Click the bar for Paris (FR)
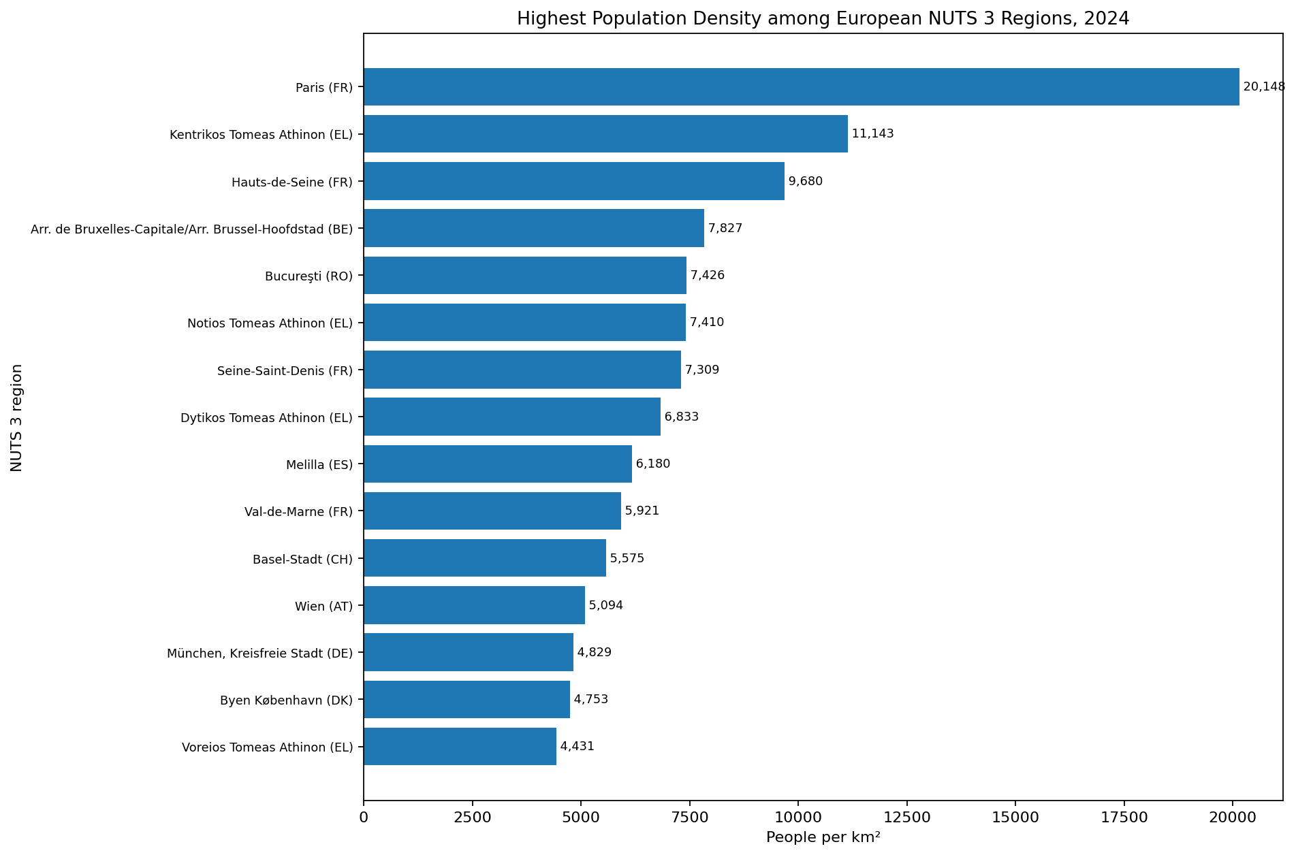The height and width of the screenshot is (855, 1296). point(802,86)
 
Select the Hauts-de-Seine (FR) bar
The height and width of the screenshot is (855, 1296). point(574,181)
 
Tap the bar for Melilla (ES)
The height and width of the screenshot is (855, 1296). point(498,464)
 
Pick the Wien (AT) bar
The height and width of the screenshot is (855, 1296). point(475,605)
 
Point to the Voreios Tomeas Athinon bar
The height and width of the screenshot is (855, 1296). point(460,746)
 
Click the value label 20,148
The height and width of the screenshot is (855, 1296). point(1264,86)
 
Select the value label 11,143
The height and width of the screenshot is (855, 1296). point(872,133)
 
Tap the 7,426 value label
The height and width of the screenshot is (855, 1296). point(708,275)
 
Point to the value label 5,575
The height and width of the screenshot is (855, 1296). point(627,558)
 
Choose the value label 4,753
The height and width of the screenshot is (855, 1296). point(591,699)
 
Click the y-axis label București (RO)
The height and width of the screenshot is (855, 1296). point(309,276)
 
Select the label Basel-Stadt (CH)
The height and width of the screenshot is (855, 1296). point(303,560)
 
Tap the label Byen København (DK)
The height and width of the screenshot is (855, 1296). point(287,700)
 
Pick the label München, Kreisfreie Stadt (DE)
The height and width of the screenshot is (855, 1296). point(260,654)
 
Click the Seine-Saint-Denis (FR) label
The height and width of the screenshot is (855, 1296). point(285,371)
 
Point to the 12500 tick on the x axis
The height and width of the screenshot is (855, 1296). point(906,816)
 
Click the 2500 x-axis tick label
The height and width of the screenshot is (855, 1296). point(472,816)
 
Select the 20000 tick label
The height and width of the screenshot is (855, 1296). point(1232,816)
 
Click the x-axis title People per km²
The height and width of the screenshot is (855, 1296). point(823,837)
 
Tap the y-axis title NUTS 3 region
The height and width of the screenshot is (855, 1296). point(17,417)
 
